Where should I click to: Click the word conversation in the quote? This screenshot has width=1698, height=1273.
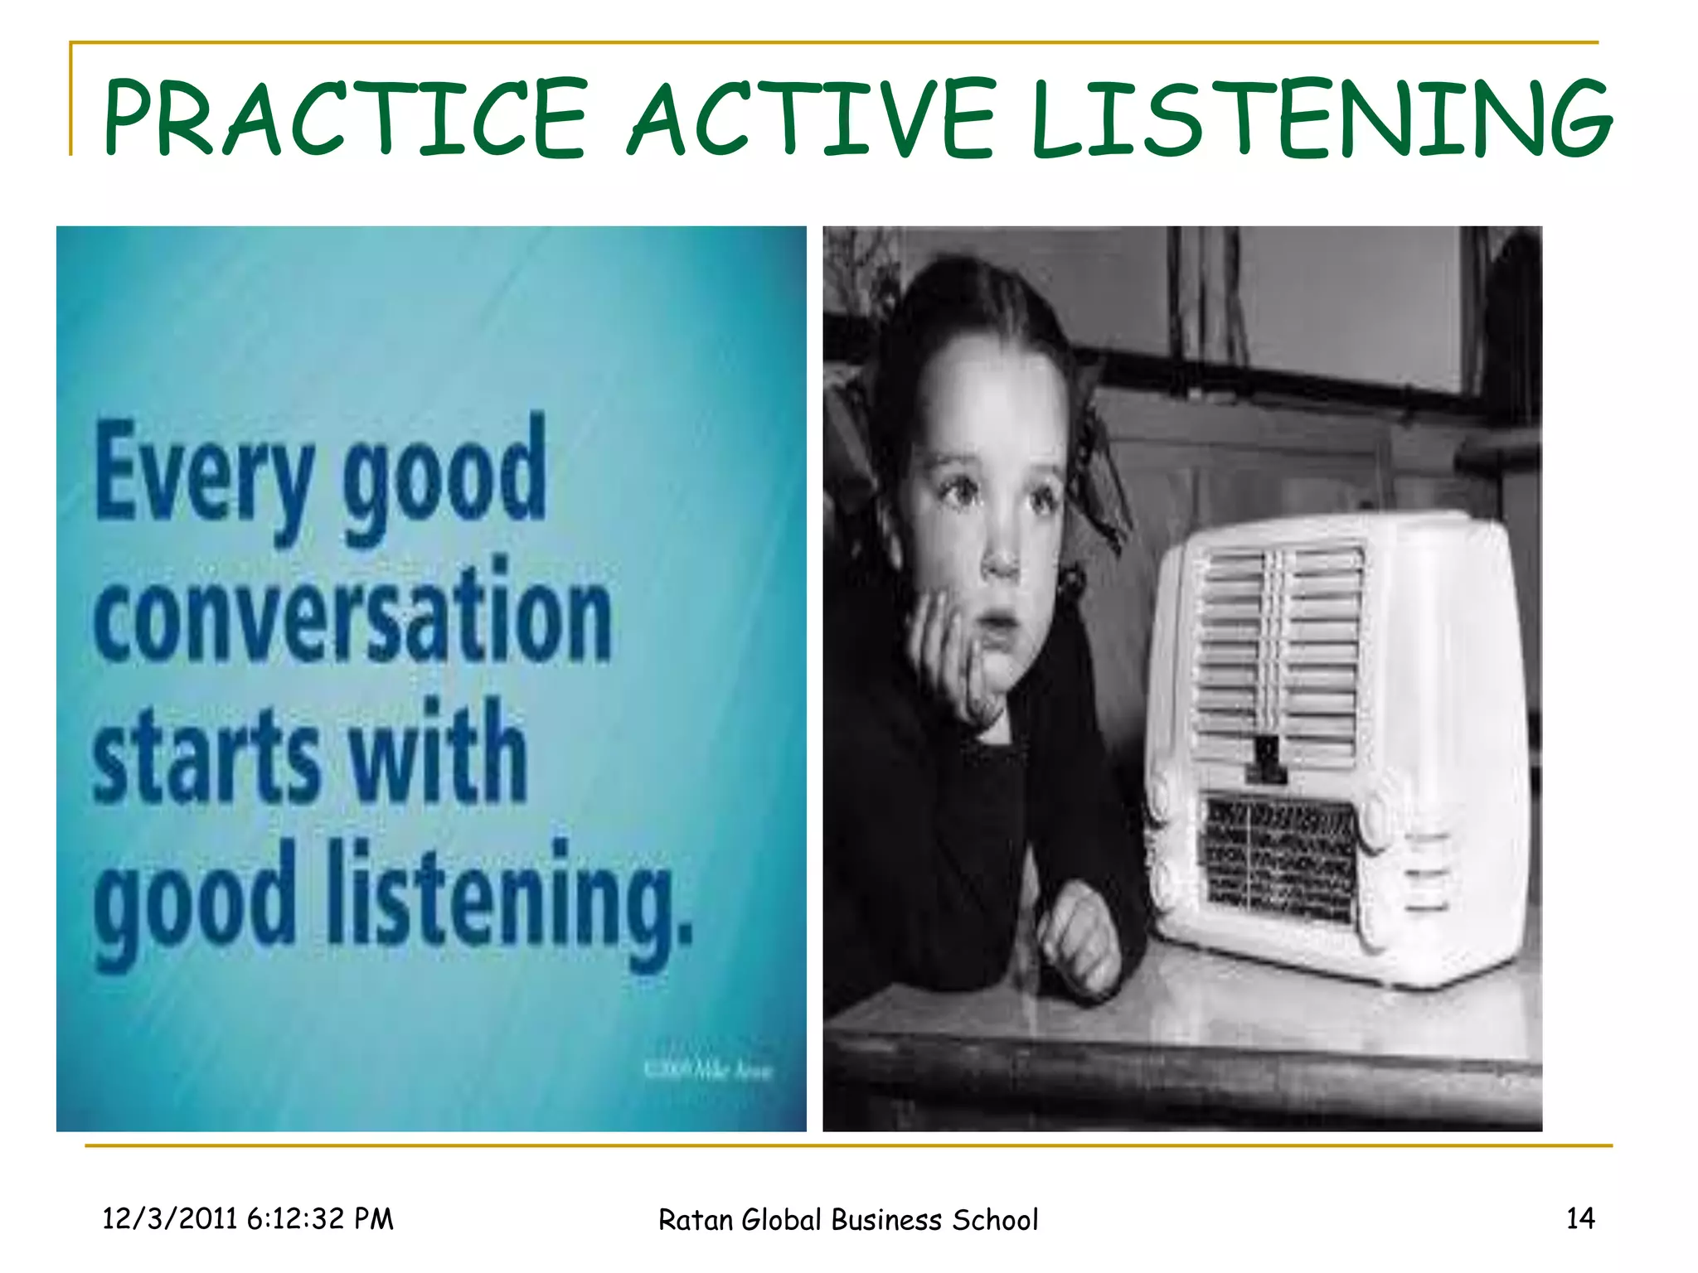click(x=352, y=613)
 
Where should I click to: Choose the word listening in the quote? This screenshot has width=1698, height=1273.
click(x=508, y=895)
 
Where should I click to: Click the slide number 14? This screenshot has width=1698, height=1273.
click(x=1579, y=1217)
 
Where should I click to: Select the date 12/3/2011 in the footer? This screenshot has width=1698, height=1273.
click(x=170, y=1218)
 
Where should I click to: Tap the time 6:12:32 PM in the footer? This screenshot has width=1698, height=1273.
click(x=319, y=1218)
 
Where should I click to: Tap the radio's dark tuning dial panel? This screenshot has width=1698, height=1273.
click(x=1277, y=858)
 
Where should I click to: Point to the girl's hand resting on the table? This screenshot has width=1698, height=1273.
click(x=1078, y=937)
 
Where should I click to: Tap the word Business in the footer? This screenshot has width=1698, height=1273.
click(x=886, y=1220)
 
